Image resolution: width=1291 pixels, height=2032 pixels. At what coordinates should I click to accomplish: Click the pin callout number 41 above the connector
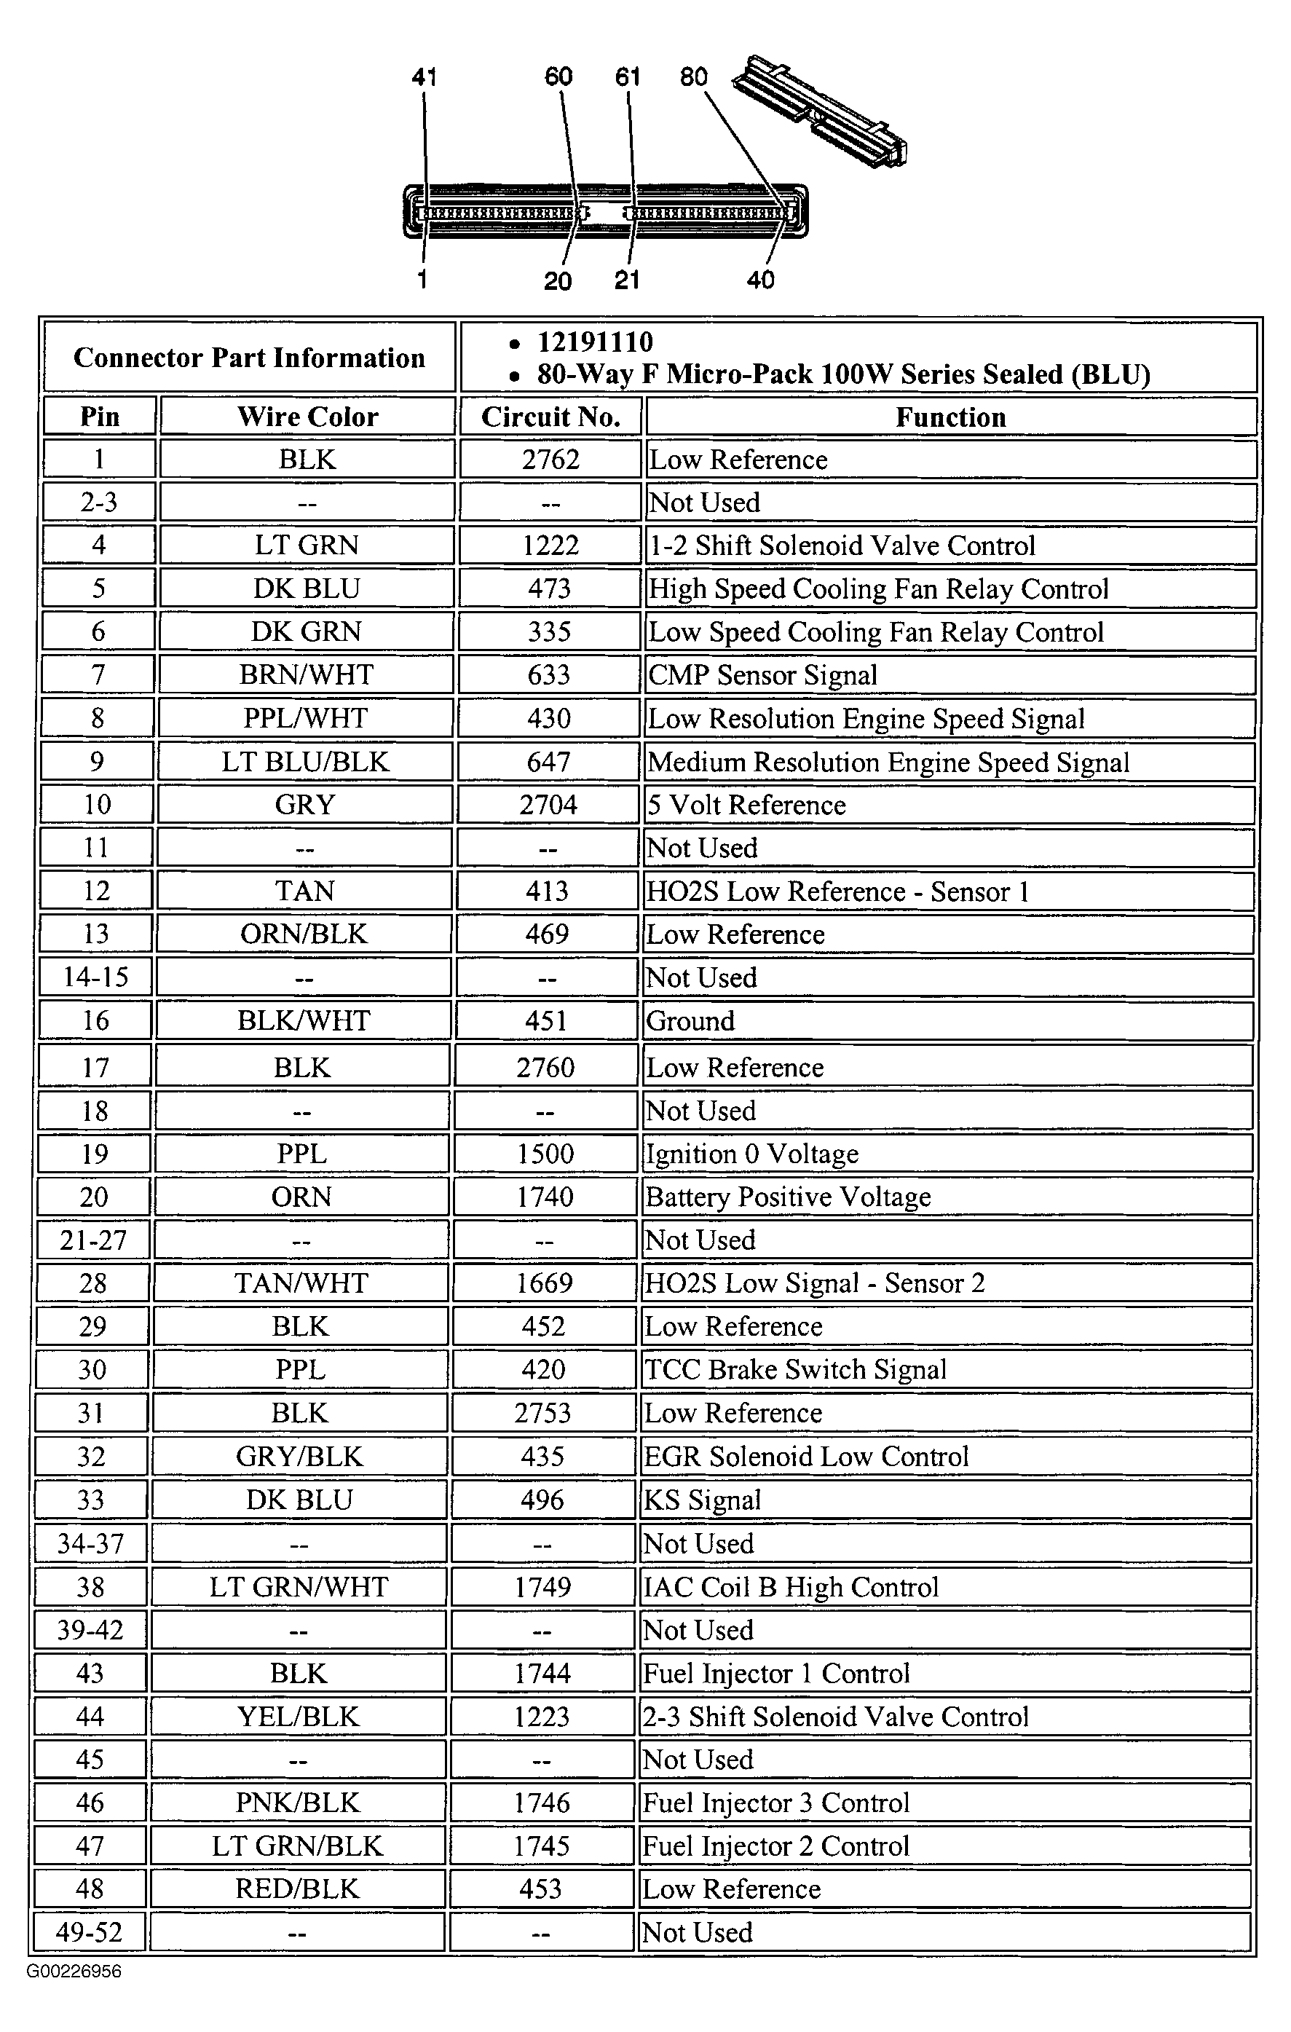point(424,78)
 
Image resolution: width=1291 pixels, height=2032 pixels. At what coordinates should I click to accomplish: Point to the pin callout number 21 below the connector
point(627,280)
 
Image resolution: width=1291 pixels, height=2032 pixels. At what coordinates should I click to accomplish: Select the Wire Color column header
point(307,416)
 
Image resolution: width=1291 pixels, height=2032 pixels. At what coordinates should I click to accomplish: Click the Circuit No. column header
point(550,416)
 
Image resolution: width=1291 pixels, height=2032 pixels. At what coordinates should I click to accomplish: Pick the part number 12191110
point(595,342)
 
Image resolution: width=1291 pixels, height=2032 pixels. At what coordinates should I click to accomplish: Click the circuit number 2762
point(550,459)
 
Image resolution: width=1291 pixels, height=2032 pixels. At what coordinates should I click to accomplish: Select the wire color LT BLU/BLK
point(304,761)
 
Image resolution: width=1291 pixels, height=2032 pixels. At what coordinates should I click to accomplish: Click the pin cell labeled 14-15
point(95,977)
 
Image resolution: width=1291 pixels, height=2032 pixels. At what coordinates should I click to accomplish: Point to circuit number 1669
point(544,1283)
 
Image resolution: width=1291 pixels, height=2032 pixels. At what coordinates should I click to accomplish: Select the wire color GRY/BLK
point(299,1456)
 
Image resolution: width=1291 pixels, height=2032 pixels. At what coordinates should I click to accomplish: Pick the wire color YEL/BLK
point(298,1716)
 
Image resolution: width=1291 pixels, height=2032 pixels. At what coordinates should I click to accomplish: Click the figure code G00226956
point(74,1972)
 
